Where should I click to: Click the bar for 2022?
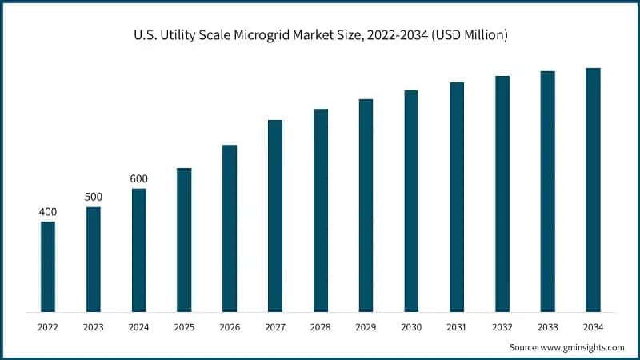[48, 266]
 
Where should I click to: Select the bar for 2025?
[184, 240]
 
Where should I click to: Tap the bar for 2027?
[275, 216]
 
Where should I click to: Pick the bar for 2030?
[411, 201]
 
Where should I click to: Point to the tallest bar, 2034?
[593, 190]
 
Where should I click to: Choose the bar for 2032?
[502, 194]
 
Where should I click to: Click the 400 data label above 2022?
[48, 211]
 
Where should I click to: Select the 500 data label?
[94, 197]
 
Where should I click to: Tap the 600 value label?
[139, 178]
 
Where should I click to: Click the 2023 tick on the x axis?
[94, 326]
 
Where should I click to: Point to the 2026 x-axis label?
[230, 326]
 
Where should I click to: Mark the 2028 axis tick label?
[321, 326]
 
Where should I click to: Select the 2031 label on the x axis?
[457, 326]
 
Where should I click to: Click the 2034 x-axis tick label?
[593, 326]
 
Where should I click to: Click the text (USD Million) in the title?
[469, 36]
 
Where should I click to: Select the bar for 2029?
[366, 206]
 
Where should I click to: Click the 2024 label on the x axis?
[139, 326]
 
